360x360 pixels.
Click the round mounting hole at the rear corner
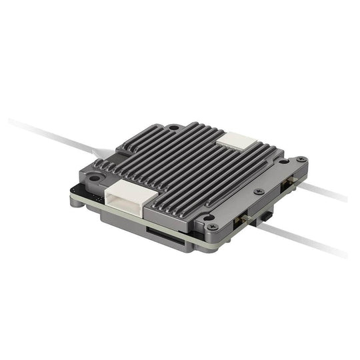coord(173,127)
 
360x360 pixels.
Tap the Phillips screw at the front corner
coord(211,217)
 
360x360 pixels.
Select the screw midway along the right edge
coord(259,190)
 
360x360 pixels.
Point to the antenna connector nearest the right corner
coord(290,185)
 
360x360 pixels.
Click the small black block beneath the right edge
coord(267,215)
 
